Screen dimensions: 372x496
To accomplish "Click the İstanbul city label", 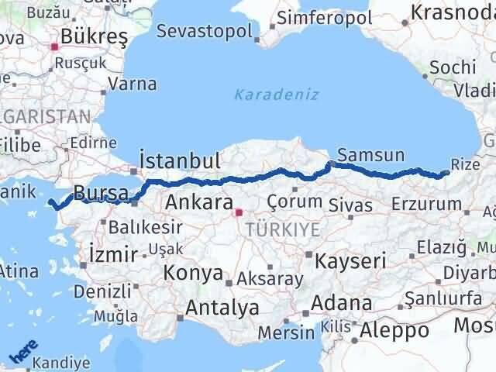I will (x=180, y=161).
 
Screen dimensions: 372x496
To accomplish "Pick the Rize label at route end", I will (x=465, y=164).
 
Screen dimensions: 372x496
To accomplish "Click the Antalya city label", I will (x=222, y=308).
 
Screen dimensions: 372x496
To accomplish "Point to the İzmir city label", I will (x=113, y=253).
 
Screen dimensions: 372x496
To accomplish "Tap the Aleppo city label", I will (x=394, y=330).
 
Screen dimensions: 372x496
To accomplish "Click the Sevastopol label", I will (x=205, y=32).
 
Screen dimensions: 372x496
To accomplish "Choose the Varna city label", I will (x=132, y=84).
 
